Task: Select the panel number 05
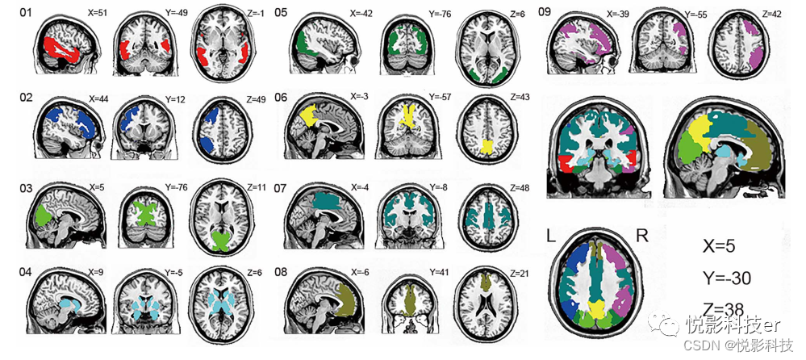(x=282, y=13)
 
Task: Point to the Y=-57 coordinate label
(x=436, y=99)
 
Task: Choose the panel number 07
(x=282, y=188)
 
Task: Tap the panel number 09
(x=545, y=13)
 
